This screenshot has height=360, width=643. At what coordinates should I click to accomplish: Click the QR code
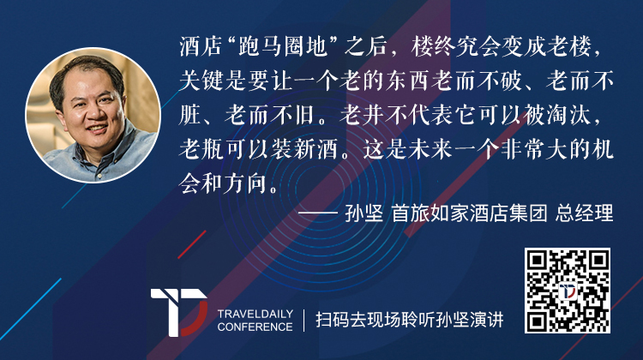click(x=568, y=291)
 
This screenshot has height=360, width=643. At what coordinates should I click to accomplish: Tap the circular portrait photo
click(x=93, y=115)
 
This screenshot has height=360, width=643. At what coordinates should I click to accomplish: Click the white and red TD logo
click(x=179, y=313)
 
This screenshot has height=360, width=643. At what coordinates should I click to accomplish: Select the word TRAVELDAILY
click(x=255, y=314)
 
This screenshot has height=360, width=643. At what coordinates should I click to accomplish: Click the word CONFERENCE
click(x=255, y=327)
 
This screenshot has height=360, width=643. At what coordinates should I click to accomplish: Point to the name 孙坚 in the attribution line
click(x=364, y=213)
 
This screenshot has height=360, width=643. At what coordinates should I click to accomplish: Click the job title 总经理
click(x=585, y=213)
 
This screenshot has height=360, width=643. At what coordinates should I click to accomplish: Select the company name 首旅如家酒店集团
click(x=470, y=213)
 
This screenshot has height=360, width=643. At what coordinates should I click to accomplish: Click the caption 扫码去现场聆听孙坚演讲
click(x=409, y=320)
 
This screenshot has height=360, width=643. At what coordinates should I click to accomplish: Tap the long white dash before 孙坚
click(x=318, y=213)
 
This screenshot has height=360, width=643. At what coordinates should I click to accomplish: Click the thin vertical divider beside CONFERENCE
click(x=303, y=321)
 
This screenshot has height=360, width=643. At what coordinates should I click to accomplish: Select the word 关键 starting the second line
click(x=201, y=81)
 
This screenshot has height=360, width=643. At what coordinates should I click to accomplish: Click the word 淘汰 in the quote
click(x=568, y=115)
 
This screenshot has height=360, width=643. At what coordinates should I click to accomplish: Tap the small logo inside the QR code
click(x=568, y=291)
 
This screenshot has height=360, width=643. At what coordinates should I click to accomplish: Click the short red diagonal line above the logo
click(x=191, y=245)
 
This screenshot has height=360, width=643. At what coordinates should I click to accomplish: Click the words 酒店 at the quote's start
click(x=201, y=46)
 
